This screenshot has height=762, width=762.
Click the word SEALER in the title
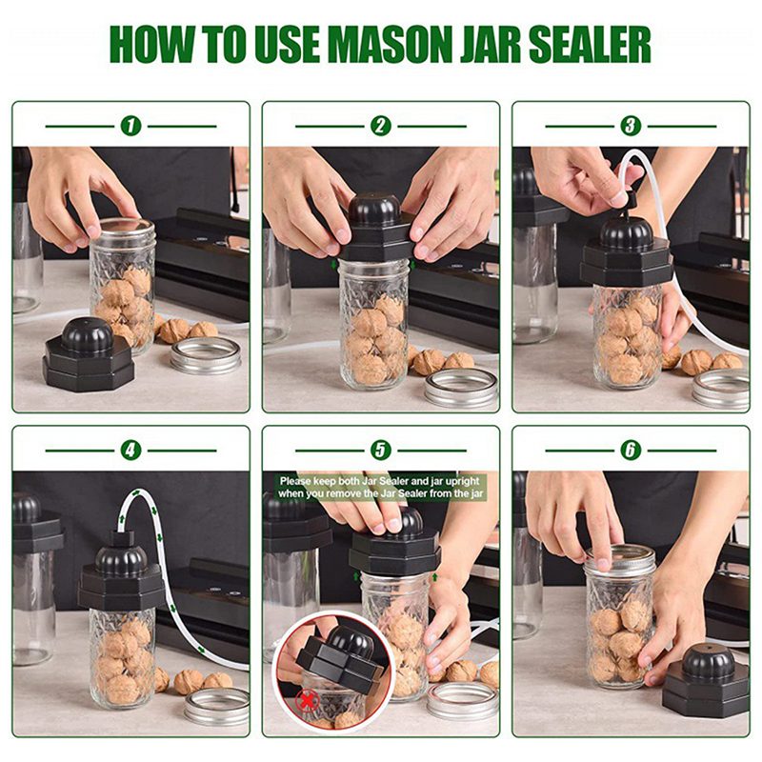(590, 45)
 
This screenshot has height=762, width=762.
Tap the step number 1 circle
(130, 126)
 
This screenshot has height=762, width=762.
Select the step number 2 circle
(380, 126)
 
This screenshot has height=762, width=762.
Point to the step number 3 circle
(631, 126)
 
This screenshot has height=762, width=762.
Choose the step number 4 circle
(130, 450)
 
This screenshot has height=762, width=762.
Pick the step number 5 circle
(380, 450)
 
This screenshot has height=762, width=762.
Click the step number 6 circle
(631, 450)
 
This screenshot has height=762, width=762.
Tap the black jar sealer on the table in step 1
(88, 354)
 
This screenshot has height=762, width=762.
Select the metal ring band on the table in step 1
(206, 355)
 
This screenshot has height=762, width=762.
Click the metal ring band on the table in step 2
(462, 388)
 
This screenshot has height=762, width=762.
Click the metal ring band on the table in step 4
(217, 706)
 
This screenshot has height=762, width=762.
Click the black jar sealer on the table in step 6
(706, 678)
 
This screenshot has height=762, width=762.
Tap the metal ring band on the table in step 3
(721, 389)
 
